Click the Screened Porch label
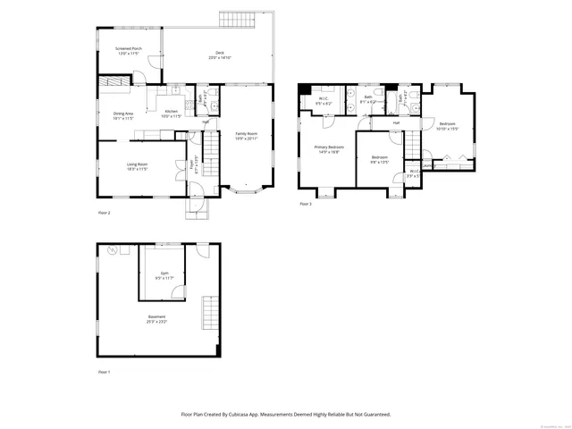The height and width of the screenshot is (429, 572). [129, 49]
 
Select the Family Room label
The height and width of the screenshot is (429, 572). [244, 133]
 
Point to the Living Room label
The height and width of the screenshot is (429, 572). [137, 164]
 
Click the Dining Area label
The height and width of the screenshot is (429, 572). [123, 114]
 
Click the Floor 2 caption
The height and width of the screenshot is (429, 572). [105, 213]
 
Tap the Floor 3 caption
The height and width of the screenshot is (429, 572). [306, 204]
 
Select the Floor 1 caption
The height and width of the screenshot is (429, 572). [105, 371]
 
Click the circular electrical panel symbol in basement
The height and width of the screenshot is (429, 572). [113, 250]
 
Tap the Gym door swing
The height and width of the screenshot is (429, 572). [178, 292]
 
